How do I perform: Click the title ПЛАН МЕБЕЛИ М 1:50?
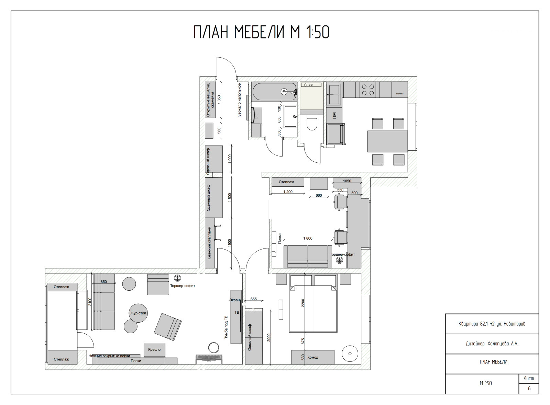(261, 33)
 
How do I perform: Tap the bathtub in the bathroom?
(274, 92)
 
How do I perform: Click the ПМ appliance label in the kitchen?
(334, 116)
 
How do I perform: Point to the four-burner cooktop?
(367, 90)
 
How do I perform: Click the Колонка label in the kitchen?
(399, 93)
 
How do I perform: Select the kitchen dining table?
(387, 141)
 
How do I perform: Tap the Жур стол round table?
(138, 313)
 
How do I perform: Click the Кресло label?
(154, 350)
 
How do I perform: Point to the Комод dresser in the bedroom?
(313, 357)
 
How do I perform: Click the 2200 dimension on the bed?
(303, 303)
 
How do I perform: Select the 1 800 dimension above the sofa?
(308, 238)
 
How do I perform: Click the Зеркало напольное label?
(240, 100)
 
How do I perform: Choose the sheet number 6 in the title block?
(529, 389)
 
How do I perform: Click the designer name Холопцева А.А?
(492, 344)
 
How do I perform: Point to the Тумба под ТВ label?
(226, 327)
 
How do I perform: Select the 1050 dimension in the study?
(347, 181)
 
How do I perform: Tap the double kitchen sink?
(333, 94)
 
